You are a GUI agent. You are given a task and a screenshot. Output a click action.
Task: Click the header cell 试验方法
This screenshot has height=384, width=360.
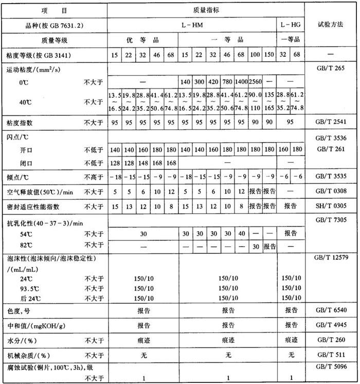pos(332,24)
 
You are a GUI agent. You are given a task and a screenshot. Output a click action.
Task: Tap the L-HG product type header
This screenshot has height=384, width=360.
pos(291,24)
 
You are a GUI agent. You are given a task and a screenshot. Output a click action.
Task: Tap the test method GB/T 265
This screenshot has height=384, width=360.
pos(332,67)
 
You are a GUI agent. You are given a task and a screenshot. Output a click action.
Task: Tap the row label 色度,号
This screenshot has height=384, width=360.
pos(19,310)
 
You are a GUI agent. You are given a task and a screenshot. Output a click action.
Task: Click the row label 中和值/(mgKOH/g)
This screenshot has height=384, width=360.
pos(33,325)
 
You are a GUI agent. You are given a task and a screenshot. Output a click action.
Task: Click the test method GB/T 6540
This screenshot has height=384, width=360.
pos(332,310)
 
